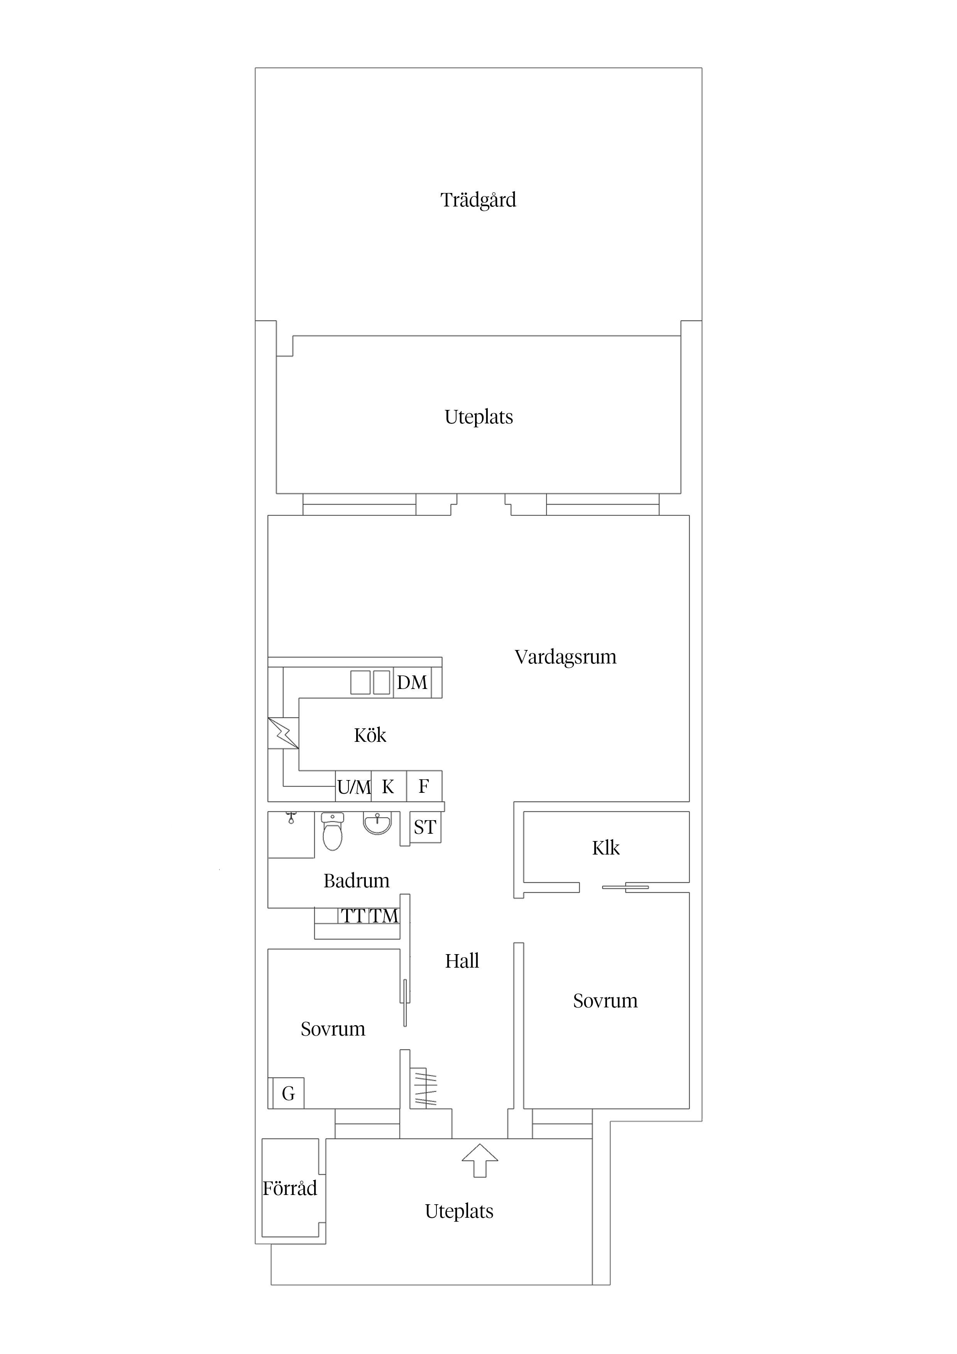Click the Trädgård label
coord(478,200)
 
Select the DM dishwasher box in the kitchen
coord(412,682)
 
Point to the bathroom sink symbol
coord(377,823)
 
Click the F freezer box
coord(424,786)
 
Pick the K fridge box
coord(389,786)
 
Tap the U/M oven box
coord(354,786)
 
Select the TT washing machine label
coord(354,916)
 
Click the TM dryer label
coord(384,916)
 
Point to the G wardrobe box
coord(288,1093)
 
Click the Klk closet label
coord(605,848)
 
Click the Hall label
coord(462,961)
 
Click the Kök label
coord(370,735)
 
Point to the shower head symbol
coord(291,818)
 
